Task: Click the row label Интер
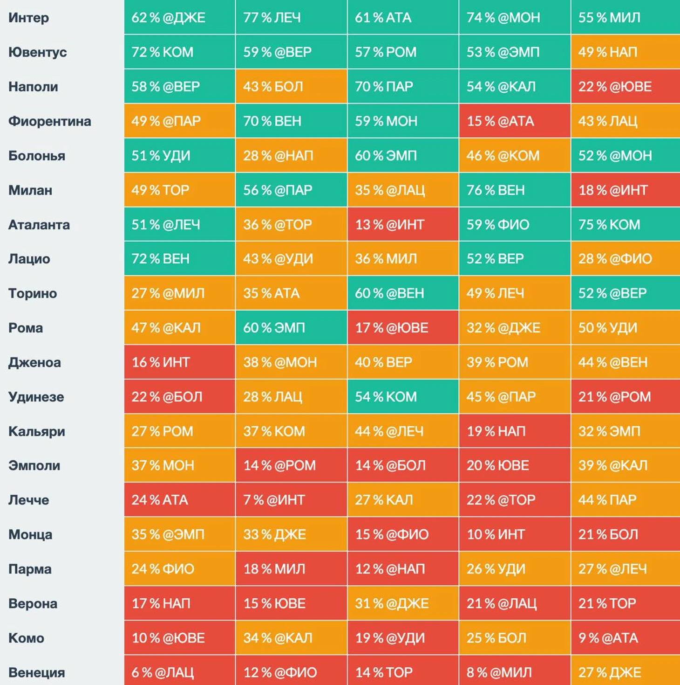coord(28,18)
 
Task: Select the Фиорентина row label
coord(49,121)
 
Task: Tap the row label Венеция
coord(36,672)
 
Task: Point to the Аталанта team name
coord(39,225)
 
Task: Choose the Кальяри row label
coord(36,431)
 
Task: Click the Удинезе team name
coord(36,397)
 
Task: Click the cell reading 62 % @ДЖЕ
coord(179,18)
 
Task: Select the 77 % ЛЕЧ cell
coord(291,18)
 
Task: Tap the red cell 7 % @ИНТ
coord(291,500)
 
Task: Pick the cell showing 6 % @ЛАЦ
coord(179,672)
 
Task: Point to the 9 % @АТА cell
coord(625,638)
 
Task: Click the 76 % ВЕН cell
coord(514,190)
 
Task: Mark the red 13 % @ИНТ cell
coord(403,225)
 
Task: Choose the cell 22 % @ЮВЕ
coord(625,87)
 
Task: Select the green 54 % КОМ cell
coord(403,397)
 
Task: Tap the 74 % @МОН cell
coord(514,18)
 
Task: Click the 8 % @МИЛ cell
coord(514,672)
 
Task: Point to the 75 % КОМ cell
coord(625,225)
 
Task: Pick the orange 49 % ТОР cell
coord(179,190)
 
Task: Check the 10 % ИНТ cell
coord(514,534)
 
